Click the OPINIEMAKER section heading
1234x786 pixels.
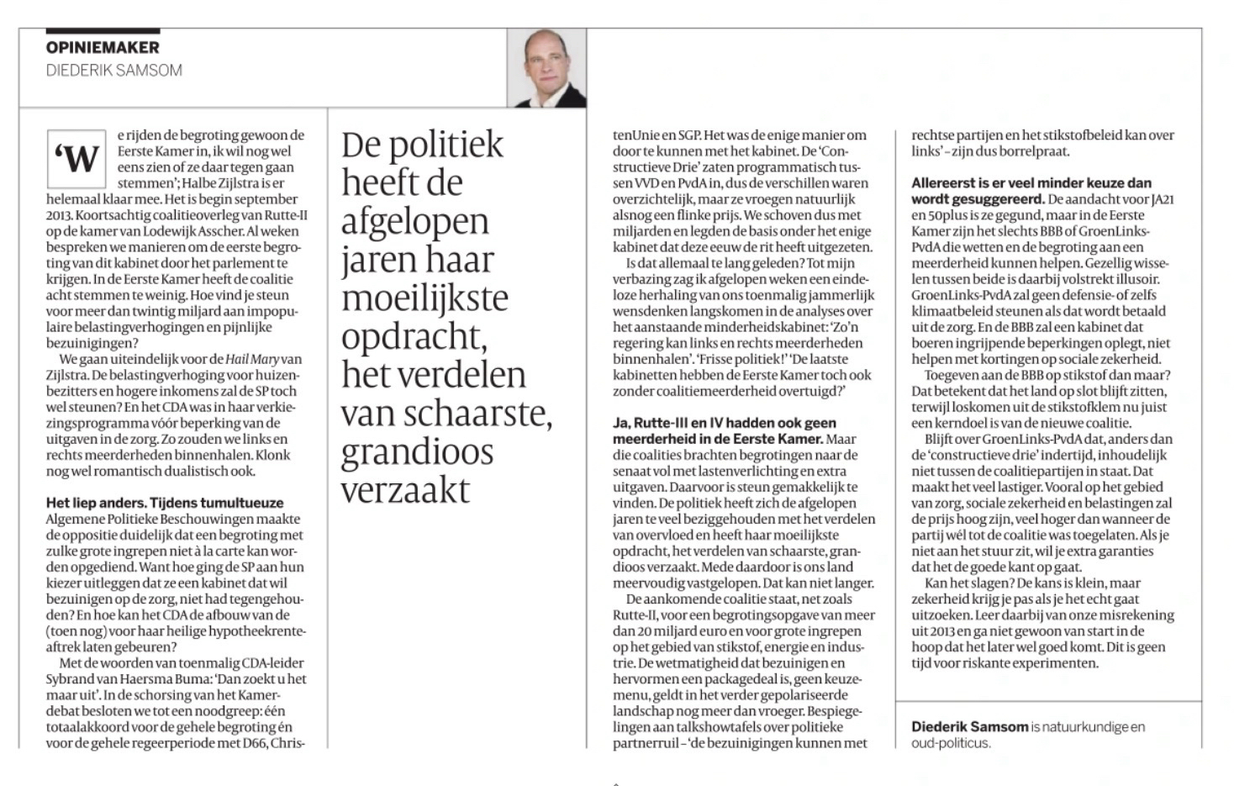[x=103, y=48]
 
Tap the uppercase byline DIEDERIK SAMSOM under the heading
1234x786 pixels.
[x=114, y=71]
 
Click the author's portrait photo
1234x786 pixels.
[x=547, y=69]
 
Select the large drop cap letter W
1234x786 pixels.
[x=76, y=159]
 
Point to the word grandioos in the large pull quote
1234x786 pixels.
[x=417, y=452]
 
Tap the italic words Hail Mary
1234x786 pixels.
[x=252, y=359]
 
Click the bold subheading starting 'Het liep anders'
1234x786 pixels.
[x=165, y=503]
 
